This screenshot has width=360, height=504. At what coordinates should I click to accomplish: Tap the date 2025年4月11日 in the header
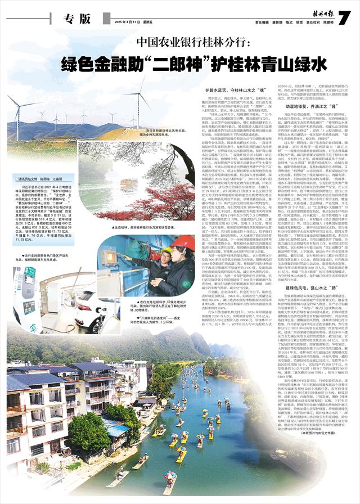(130, 23)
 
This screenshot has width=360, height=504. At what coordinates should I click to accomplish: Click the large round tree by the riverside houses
(88, 433)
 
